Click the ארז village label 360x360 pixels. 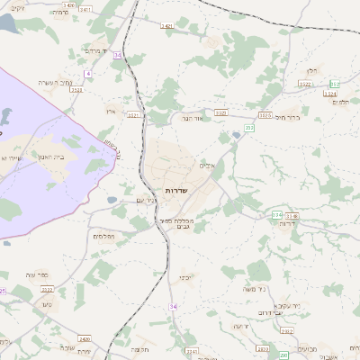(112, 110)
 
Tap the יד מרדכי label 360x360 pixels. (94, 50)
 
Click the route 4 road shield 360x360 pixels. (88, 73)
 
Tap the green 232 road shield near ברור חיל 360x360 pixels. (249, 129)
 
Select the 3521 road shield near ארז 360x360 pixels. (133, 115)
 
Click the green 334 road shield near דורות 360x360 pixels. (277, 215)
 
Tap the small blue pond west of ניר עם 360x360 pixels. (111, 200)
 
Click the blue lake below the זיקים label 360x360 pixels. (9, 25)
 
